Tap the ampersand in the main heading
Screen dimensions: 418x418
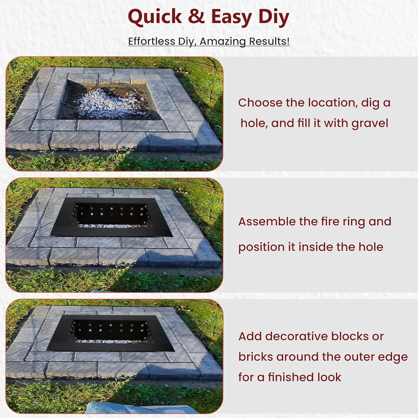point(196,17)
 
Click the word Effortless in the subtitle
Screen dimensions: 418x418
point(152,41)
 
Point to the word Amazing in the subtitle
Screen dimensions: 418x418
point(223,41)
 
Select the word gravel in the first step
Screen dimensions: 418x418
point(370,123)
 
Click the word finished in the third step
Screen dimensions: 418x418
point(287,377)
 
